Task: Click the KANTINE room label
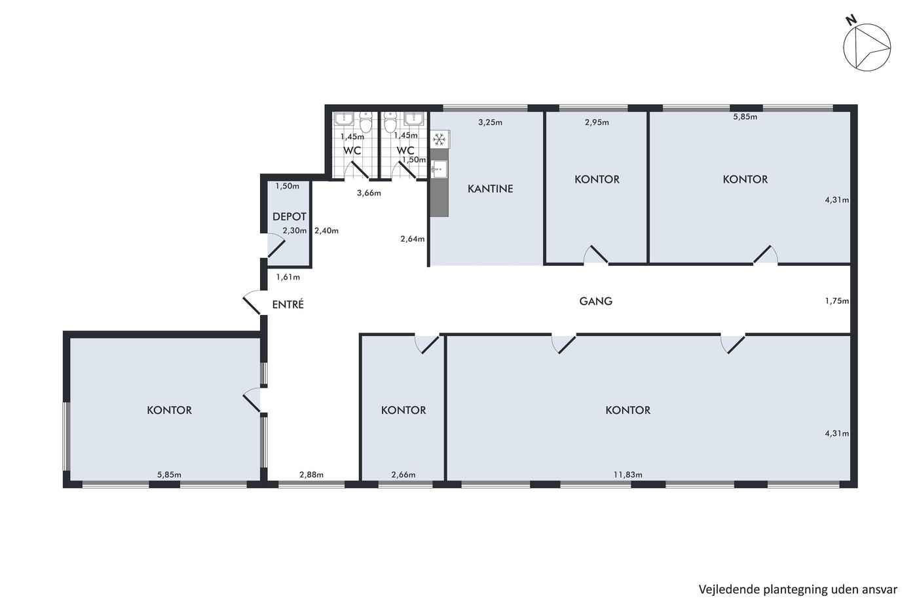[490, 189]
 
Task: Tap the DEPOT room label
[289, 217]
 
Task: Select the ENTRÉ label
[288, 305]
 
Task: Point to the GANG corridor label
[595, 301]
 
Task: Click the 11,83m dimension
[627, 475]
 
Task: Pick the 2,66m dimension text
[403, 475]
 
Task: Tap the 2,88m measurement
[311, 475]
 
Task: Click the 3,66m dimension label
[369, 193]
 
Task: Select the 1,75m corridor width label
[837, 301]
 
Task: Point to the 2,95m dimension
[597, 122]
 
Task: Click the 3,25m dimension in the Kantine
[490, 122]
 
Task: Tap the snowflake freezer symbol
[440, 140]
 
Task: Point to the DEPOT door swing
[276, 245]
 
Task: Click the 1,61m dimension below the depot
[288, 278]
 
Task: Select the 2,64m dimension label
[412, 239]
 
